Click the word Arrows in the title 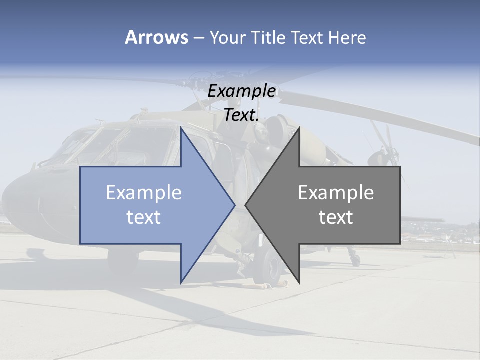click(x=156, y=37)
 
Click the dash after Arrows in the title click(x=198, y=38)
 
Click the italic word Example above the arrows click(x=241, y=91)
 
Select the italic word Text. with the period click(x=241, y=115)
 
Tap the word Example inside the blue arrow click(x=144, y=192)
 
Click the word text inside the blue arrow click(x=144, y=217)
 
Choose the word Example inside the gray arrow click(x=336, y=192)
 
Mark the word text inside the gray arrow click(x=336, y=217)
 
